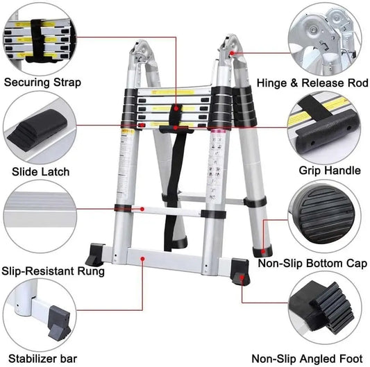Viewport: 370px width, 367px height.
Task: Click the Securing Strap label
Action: (x=42, y=83)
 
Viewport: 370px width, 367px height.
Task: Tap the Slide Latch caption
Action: (x=40, y=171)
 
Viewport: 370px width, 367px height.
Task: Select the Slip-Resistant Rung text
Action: (x=53, y=271)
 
